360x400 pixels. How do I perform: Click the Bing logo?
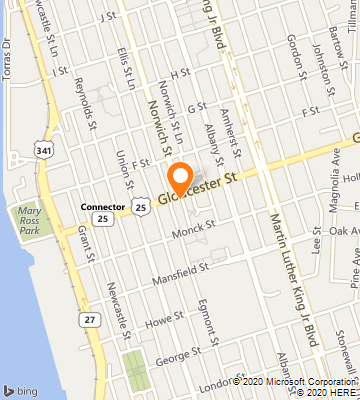[x=19, y=389]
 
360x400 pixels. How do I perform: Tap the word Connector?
[x=101, y=206]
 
